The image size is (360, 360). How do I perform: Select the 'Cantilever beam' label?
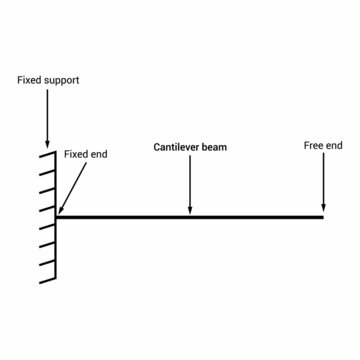190,147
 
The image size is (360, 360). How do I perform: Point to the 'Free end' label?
322,146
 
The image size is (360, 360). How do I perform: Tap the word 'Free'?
312,146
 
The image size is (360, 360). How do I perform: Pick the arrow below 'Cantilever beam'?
190,185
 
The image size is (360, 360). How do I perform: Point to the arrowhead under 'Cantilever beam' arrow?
190,209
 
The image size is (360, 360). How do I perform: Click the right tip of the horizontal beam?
324,216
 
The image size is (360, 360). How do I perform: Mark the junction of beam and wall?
57,216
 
